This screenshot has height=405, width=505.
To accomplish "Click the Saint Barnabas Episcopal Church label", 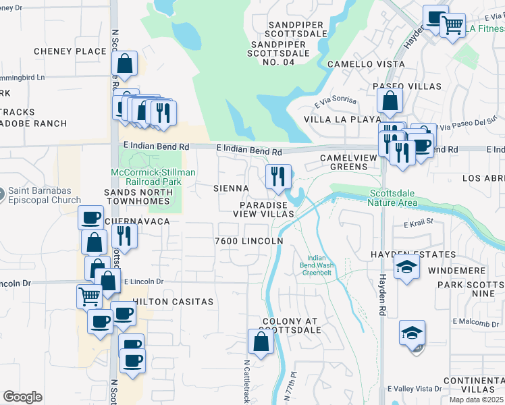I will (45, 195).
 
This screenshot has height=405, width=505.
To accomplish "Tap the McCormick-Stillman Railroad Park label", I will (153, 177).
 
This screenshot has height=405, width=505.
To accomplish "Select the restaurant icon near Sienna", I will (278, 178).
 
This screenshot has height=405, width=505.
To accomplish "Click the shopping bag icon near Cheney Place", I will (125, 64).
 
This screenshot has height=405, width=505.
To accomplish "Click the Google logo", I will (22, 397).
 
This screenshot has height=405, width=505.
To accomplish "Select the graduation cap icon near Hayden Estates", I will (407, 267).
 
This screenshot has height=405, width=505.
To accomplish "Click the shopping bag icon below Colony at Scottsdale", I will (261, 342).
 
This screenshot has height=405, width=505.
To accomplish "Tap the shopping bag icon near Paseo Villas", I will (390, 101).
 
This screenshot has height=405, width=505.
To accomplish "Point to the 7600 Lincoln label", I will (248, 240).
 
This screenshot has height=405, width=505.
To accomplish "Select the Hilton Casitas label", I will (173, 302).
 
